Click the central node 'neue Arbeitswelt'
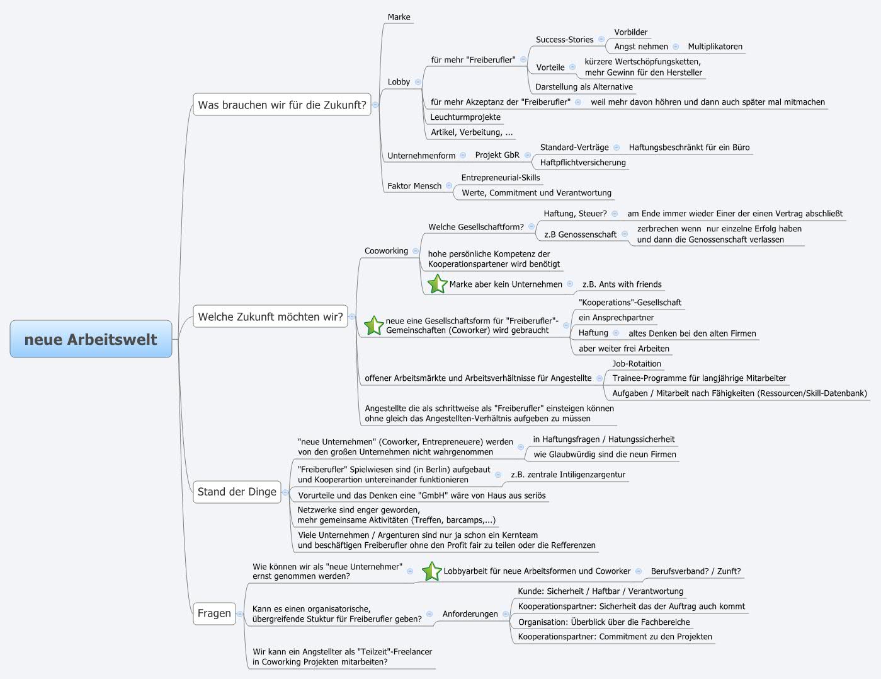coord(91,339)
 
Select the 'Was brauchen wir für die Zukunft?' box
coord(281,105)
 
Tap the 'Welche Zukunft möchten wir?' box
coord(270,316)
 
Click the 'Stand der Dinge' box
coord(237,492)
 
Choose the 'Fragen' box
coord(214,613)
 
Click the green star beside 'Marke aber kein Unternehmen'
coord(437,284)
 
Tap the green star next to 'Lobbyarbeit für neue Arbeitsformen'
coord(431,571)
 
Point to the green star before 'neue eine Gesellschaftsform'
coord(373,325)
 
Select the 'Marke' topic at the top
coord(399,17)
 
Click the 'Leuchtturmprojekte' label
coord(465,117)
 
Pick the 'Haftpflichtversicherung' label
coord(583,163)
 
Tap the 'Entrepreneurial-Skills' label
coord(500,178)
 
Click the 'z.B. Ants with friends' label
coord(622,284)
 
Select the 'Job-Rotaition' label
coord(637,364)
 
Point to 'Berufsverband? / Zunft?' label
coord(695,571)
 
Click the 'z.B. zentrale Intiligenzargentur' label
coord(567,475)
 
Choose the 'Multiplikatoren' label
coord(715,47)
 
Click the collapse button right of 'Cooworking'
coord(416,251)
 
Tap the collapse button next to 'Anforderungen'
coord(505,614)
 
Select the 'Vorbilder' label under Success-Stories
coord(630,32)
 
